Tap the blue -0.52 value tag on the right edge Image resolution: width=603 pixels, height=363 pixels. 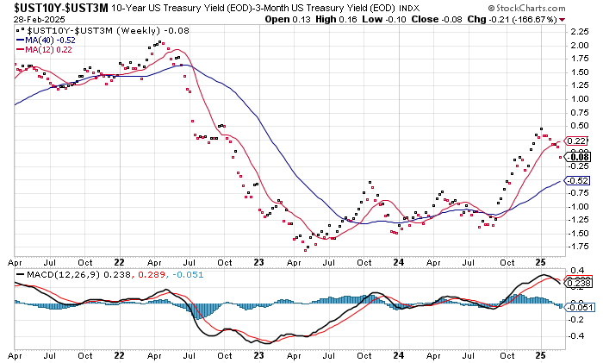click(x=577, y=179)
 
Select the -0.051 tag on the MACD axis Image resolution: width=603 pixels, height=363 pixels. click(x=577, y=306)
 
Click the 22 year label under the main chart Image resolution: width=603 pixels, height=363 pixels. click(x=121, y=261)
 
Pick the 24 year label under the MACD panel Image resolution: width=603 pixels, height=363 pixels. click(x=397, y=354)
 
